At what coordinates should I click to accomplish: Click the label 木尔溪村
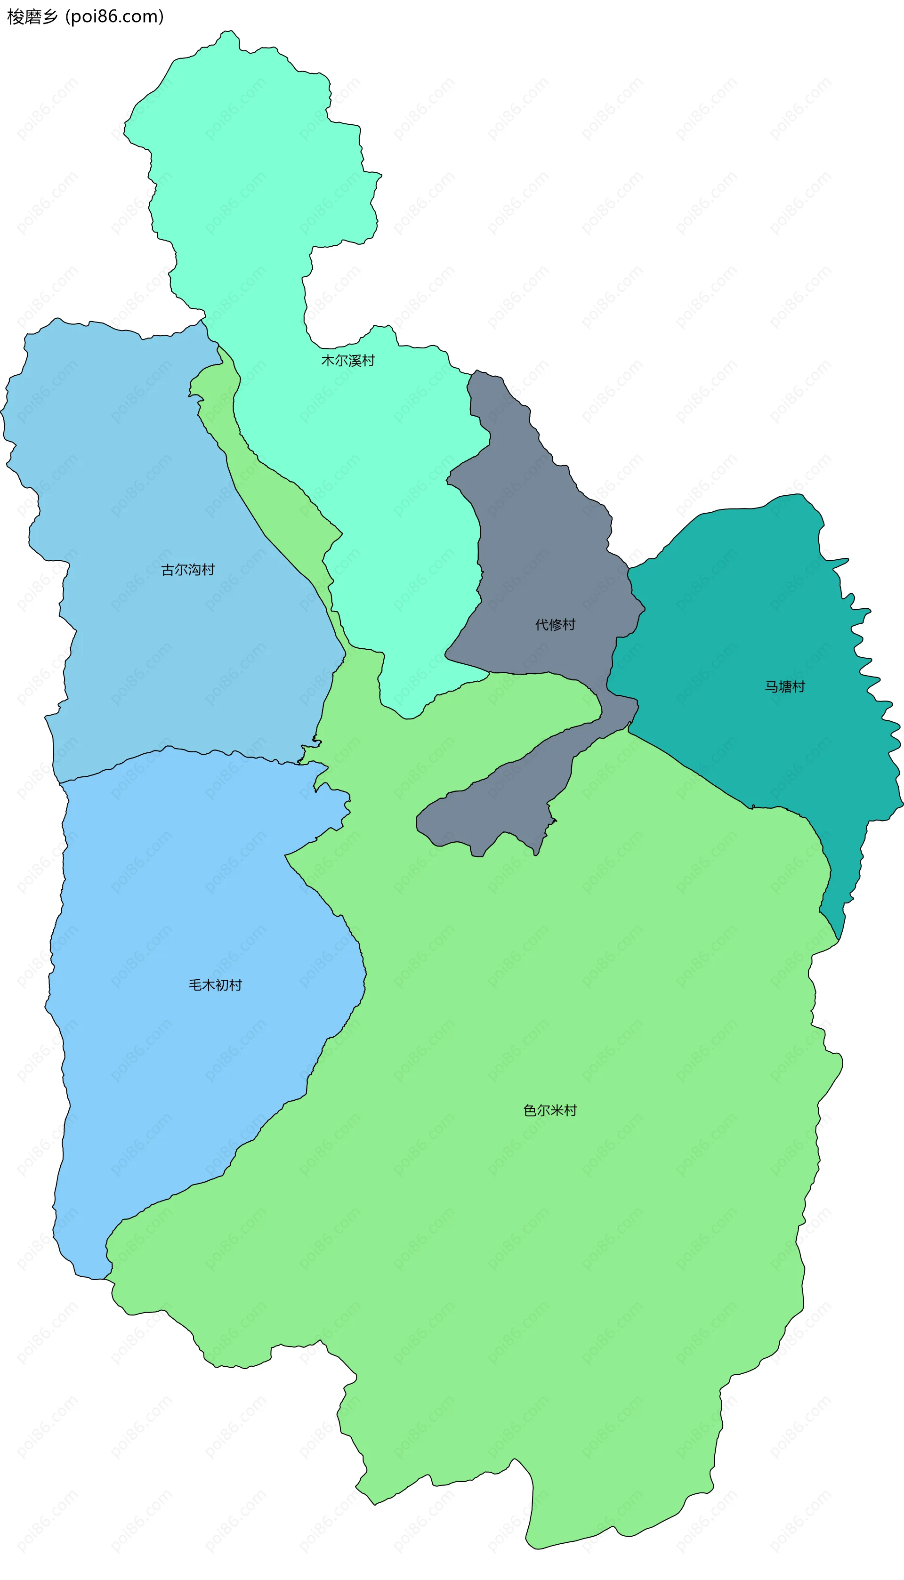(x=347, y=361)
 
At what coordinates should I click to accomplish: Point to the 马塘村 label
(x=784, y=686)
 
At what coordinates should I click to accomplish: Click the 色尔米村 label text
(x=550, y=1110)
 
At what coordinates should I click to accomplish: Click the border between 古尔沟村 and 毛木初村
(x=186, y=750)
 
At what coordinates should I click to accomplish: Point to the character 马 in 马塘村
(x=771, y=686)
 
